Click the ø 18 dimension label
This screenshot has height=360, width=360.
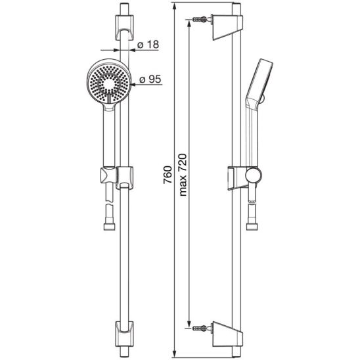click(x=148, y=45)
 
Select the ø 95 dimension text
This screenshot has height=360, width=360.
click(x=150, y=79)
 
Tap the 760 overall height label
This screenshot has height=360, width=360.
click(x=168, y=175)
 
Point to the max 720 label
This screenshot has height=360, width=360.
click(x=183, y=175)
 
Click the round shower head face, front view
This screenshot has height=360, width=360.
click(x=109, y=83)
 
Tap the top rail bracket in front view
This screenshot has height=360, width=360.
click(x=124, y=28)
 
